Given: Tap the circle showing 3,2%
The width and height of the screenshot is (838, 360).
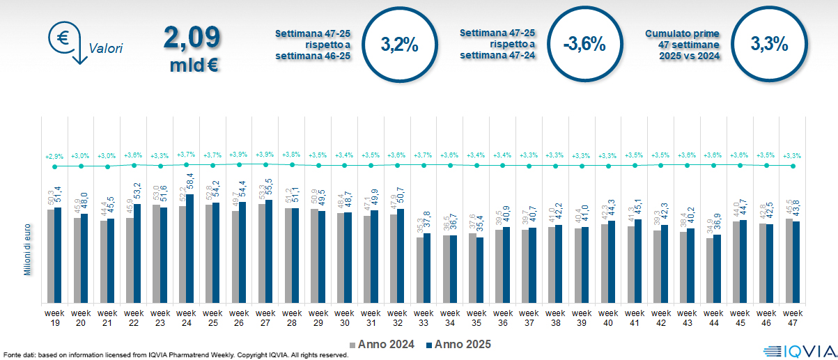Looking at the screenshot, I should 400,44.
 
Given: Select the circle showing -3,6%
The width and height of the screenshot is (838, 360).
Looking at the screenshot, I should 584,44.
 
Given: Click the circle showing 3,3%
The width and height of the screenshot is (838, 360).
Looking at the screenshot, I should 769,44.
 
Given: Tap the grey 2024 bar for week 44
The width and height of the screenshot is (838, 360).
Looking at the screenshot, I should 710,271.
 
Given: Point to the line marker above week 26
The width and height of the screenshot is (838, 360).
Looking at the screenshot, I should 239,164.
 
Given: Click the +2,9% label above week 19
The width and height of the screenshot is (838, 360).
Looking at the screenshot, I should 54,155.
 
